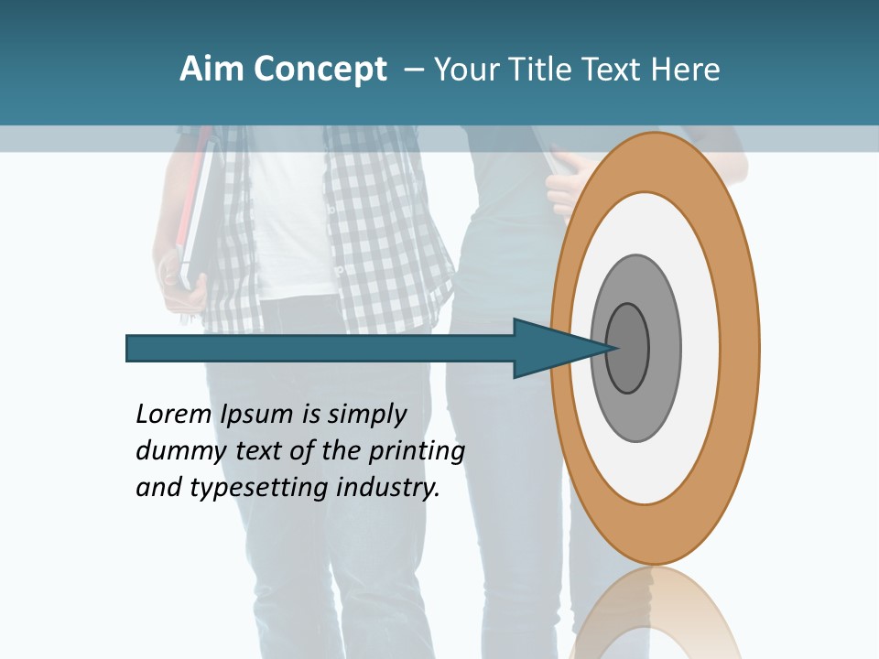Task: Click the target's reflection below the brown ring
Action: [x=655, y=613]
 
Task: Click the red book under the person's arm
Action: [x=193, y=201]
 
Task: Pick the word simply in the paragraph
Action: [x=366, y=415]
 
